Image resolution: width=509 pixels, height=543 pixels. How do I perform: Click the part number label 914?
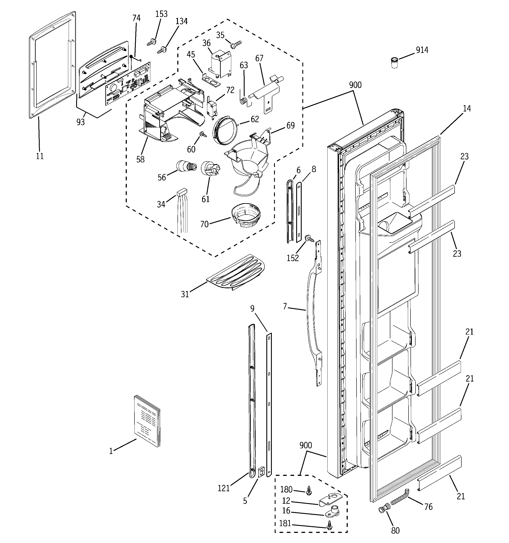(422, 50)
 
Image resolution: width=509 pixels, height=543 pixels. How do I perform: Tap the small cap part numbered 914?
(394, 63)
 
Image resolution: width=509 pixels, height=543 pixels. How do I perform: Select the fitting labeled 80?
(383, 509)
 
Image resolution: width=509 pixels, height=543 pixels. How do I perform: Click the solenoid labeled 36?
(220, 65)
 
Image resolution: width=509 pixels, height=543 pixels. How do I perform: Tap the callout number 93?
(81, 122)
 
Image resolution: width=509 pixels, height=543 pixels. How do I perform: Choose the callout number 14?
(467, 109)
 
